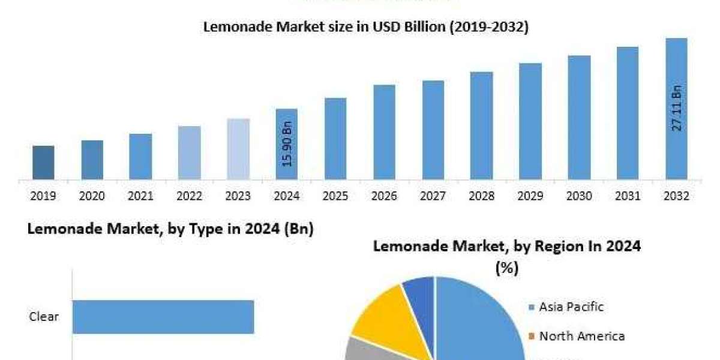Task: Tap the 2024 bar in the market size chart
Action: pyautogui.click(x=287, y=144)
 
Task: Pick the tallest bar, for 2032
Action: pyautogui.click(x=676, y=109)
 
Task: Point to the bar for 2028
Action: pyautogui.click(x=481, y=125)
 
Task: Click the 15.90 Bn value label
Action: pyautogui.click(x=287, y=145)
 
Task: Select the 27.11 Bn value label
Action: pyautogui.click(x=676, y=109)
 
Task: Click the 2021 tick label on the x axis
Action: pyautogui.click(x=140, y=196)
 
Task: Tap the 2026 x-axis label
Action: pyautogui.click(x=384, y=196)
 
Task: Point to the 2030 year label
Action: pyautogui.click(x=579, y=196)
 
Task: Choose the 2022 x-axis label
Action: pyautogui.click(x=190, y=196)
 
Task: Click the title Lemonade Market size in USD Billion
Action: pyautogui.click(x=366, y=27)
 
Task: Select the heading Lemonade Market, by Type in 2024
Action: pyautogui.click(x=171, y=229)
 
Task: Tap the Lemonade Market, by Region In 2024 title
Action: pyautogui.click(x=507, y=246)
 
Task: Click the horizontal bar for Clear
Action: pyautogui.click(x=163, y=317)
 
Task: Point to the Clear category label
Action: pyautogui.click(x=44, y=317)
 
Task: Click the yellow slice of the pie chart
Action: pyautogui.click(x=379, y=312)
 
